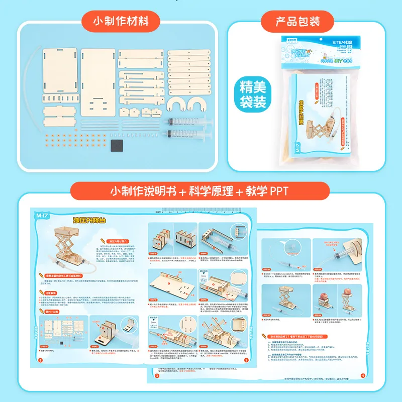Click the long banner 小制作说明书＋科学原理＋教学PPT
199,191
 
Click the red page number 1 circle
40,360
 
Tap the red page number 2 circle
246,360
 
